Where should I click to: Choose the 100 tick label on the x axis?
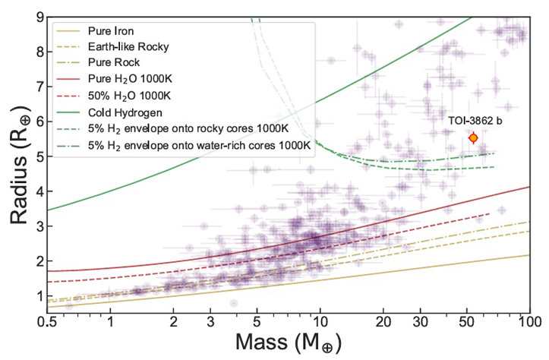[529, 324]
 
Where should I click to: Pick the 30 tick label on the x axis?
[420, 324]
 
